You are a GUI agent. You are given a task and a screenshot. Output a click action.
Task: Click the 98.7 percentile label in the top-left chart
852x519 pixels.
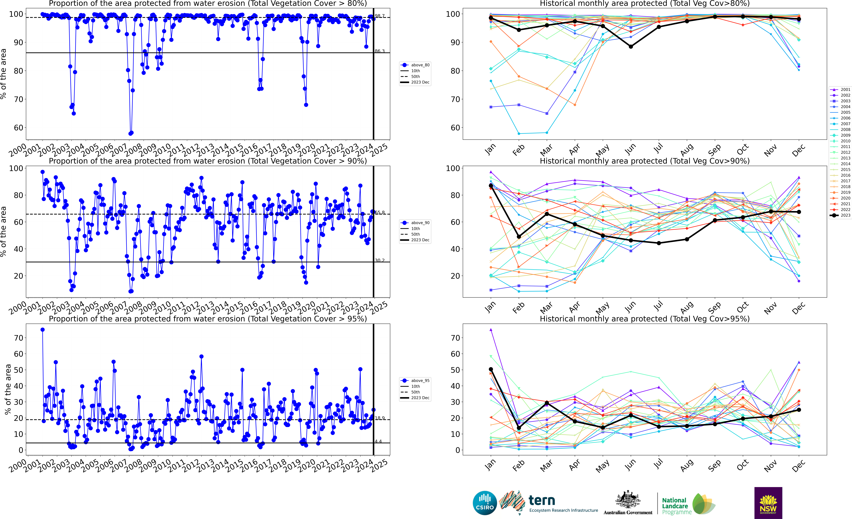(x=380, y=16)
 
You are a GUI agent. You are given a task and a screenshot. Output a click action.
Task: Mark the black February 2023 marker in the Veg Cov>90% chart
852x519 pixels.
(x=519, y=237)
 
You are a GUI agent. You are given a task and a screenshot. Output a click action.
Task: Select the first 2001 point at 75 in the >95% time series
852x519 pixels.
(x=43, y=330)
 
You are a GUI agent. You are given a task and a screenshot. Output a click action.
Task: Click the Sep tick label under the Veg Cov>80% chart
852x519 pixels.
(x=714, y=149)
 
